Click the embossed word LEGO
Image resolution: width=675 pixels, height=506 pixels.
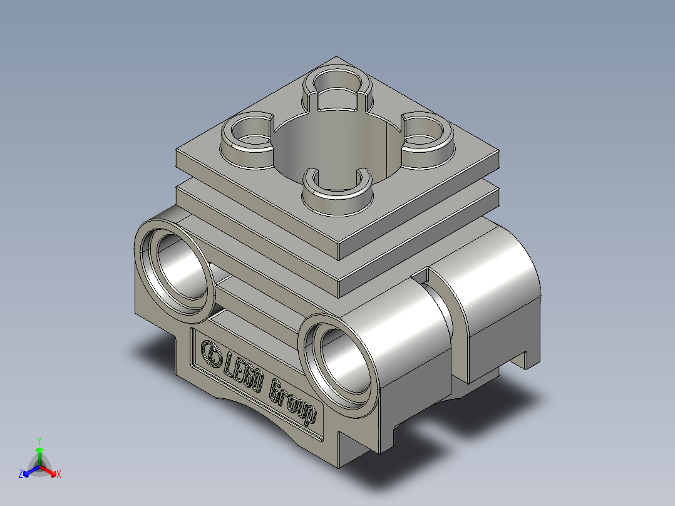pyautogui.click(x=244, y=376)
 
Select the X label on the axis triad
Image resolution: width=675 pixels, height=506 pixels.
pyautogui.click(x=59, y=475)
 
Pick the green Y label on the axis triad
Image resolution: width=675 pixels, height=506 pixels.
pyautogui.click(x=39, y=440)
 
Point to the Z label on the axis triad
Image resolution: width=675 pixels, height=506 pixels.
pyautogui.click(x=21, y=475)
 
